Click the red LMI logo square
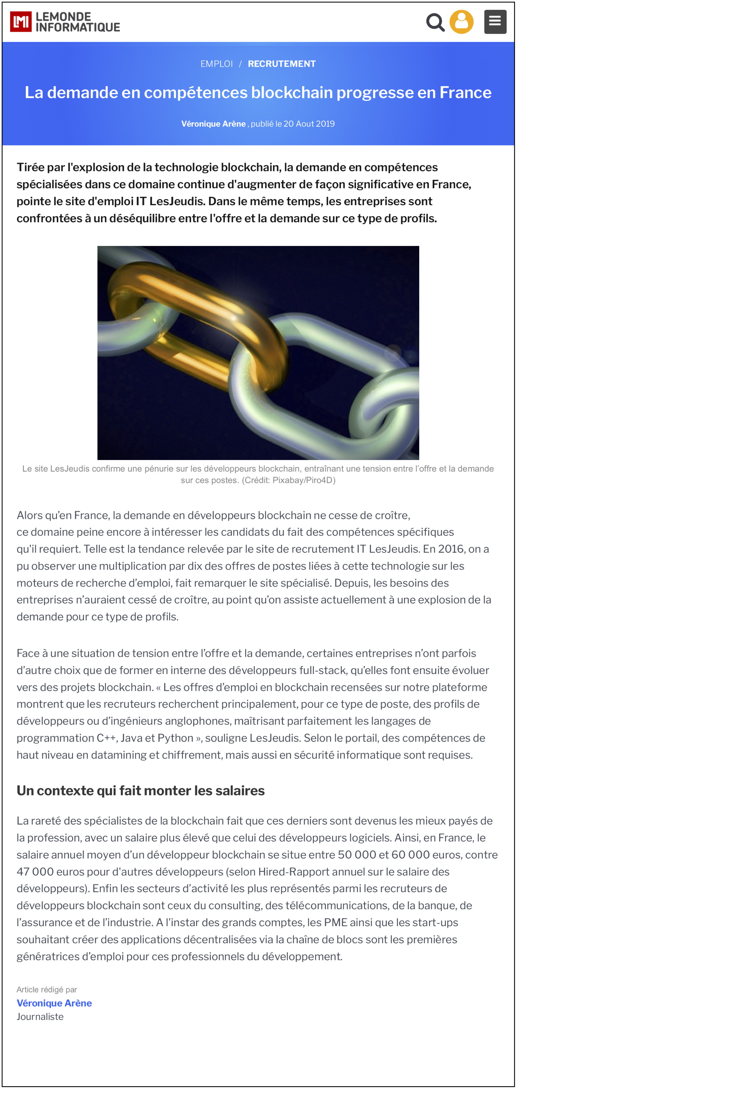coord(21,21)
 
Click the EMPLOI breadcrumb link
coord(217,64)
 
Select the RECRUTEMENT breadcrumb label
coord(282,64)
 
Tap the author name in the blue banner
coord(213,124)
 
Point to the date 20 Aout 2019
coord(309,124)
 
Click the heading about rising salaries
coord(140,791)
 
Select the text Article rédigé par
coord(47,990)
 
